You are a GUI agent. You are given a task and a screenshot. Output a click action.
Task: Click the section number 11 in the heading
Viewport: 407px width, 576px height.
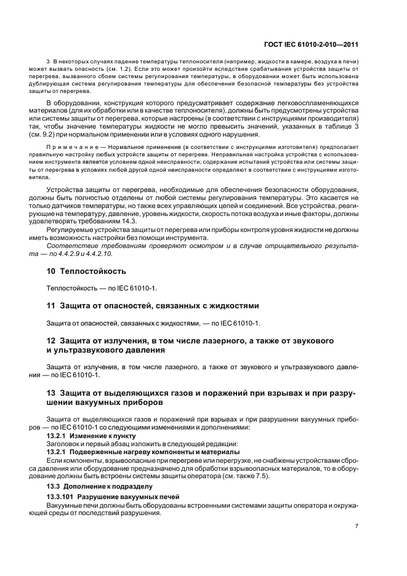52,305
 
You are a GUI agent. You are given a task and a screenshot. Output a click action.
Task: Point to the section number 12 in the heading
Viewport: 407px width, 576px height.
52,340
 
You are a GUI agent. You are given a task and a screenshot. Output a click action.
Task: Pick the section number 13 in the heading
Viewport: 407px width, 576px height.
52,393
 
